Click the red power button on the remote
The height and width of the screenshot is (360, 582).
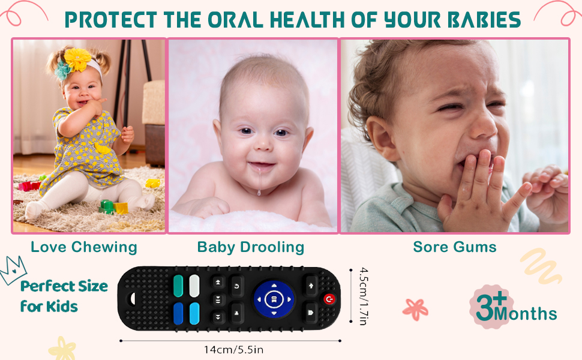click(329, 299)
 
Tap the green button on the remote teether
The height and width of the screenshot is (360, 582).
click(178, 286)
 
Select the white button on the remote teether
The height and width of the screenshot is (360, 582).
click(194, 286)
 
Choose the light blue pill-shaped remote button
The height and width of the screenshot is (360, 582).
click(194, 314)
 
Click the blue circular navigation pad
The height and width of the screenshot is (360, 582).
click(274, 299)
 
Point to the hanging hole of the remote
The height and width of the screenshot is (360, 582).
click(132, 298)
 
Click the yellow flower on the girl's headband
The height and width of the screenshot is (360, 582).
click(77, 59)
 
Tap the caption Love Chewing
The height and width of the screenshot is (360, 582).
click(84, 247)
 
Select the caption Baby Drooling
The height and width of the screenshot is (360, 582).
click(251, 247)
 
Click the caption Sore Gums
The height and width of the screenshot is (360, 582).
click(455, 247)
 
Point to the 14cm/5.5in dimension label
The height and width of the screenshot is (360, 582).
click(233, 350)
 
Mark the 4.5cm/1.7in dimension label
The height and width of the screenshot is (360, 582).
click(364, 296)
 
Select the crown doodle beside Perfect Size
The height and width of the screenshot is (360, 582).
click(13, 270)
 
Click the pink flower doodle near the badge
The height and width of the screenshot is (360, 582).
click(415, 309)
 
